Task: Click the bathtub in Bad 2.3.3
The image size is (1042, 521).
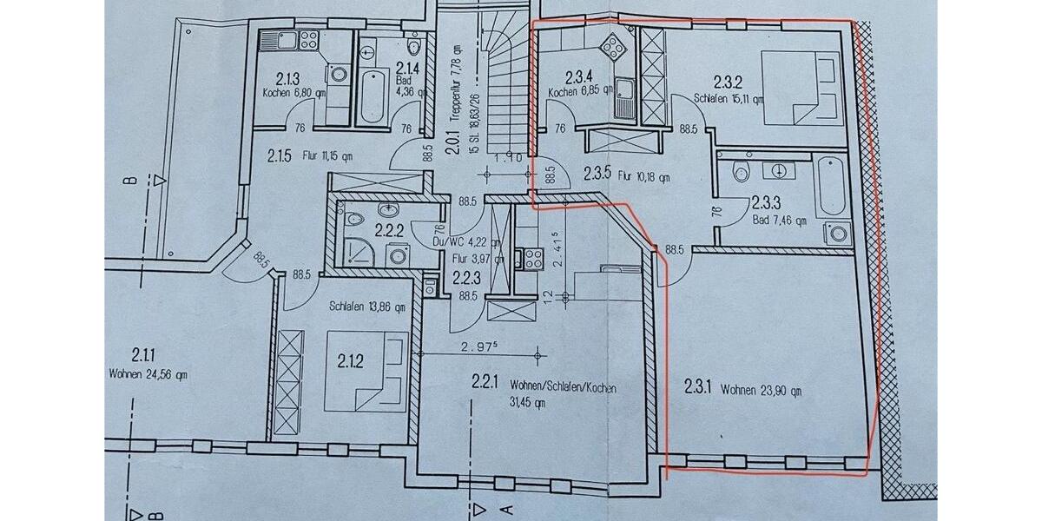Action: tap(829, 187)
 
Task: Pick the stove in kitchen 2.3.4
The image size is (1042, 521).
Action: tap(614, 45)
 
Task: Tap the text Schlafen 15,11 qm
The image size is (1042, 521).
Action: tap(729, 98)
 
